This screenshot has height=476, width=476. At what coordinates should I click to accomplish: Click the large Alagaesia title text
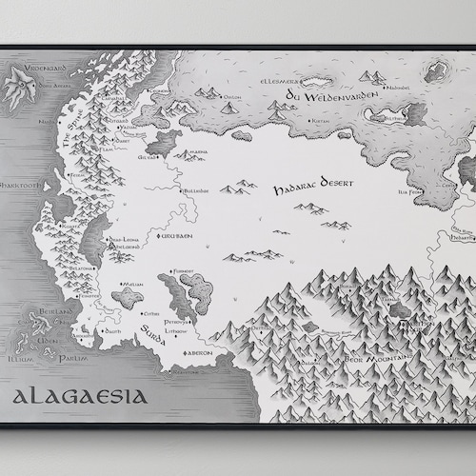(79, 395)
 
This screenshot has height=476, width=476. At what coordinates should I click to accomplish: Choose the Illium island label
(20, 360)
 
